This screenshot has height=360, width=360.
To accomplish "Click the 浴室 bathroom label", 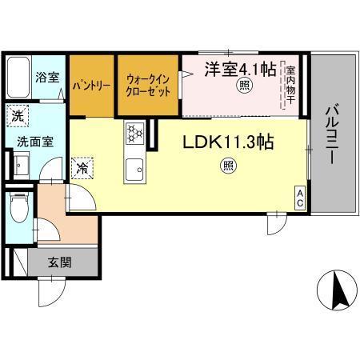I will click(47, 78).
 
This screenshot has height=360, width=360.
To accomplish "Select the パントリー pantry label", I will click(91, 83).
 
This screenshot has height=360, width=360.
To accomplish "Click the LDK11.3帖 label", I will click(230, 143).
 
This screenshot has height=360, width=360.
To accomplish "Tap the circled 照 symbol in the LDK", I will click(228, 166).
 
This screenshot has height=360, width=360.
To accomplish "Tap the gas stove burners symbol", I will click(134, 133).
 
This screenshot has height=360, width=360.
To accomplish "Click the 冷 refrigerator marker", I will click(83, 168).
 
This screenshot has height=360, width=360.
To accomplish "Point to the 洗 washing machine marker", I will click(18, 115).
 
